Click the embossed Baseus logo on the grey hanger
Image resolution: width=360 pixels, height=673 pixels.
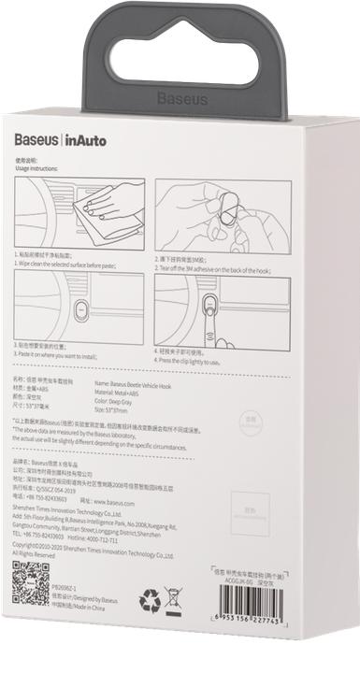180,97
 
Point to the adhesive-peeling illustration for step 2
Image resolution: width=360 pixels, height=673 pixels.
211,212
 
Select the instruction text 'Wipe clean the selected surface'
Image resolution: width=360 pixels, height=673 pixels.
66,264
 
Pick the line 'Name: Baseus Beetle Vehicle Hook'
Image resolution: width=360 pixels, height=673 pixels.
138,383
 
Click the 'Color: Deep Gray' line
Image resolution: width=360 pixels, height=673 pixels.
118,400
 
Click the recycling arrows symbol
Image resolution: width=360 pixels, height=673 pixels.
149,599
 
